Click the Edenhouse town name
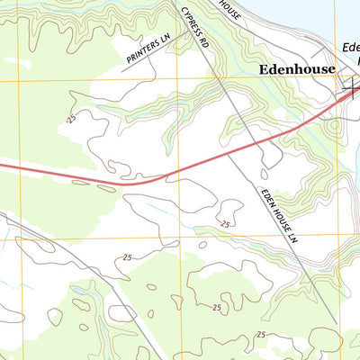(296, 68)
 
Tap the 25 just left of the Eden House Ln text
(225, 223)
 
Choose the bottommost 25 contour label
(261, 335)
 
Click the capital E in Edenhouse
(263, 68)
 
